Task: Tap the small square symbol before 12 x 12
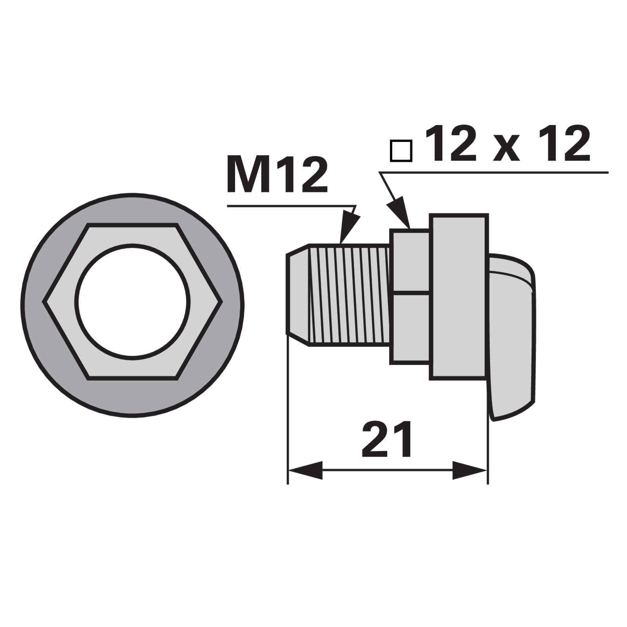point(401,150)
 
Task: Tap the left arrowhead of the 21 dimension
point(305,470)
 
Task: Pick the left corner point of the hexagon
point(43,302)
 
